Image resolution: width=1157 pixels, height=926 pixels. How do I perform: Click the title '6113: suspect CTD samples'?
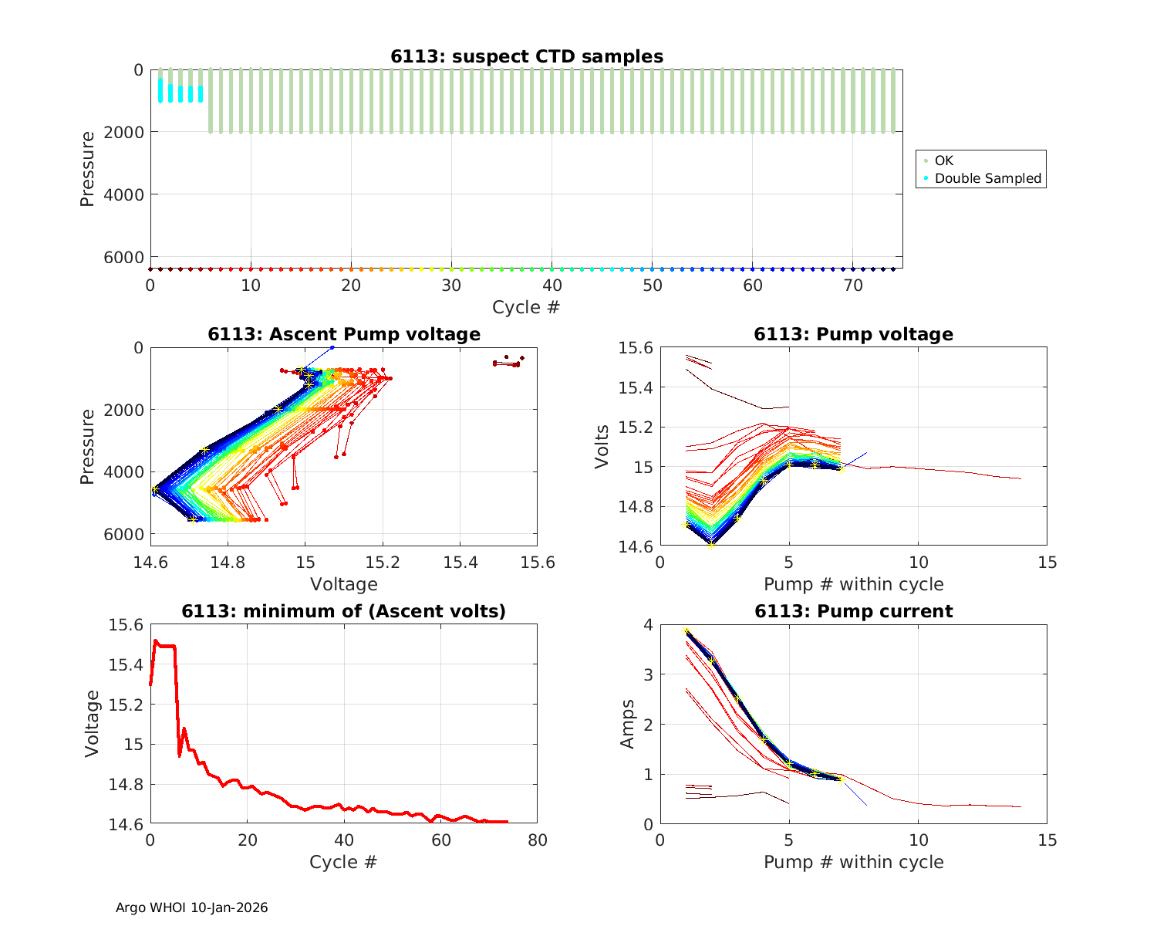(x=526, y=56)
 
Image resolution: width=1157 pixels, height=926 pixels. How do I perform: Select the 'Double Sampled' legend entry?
(x=987, y=178)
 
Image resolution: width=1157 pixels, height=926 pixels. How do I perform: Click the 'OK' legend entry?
(x=943, y=161)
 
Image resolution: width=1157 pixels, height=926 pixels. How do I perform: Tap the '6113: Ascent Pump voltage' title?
(x=344, y=334)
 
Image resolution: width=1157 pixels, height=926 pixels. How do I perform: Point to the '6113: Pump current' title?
(x=853, y=611)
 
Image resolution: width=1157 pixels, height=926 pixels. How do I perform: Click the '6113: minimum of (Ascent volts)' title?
(x=344, y=611)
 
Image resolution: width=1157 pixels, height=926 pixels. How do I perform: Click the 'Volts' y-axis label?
(x=602, y=447)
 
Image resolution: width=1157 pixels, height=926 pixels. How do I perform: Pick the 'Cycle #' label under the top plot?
(x=526, y=307)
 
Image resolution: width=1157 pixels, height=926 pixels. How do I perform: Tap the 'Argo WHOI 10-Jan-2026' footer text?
(x=191, y=907)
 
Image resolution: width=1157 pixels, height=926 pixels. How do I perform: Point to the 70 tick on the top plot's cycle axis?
(x=852, y=286)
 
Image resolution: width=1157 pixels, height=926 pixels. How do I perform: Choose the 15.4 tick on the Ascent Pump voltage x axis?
(x=460, y=563)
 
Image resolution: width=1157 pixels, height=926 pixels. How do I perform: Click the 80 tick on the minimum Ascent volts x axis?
(x=538, y=840)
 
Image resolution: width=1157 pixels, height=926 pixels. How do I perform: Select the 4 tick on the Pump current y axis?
(x=649, y=624)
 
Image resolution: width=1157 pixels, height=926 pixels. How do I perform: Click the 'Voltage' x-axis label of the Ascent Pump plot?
(x=344, y=584)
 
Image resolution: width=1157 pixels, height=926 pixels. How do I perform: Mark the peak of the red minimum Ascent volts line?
(x=155, y=640)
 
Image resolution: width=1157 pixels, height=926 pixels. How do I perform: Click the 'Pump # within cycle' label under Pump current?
(x=853, y=861)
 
